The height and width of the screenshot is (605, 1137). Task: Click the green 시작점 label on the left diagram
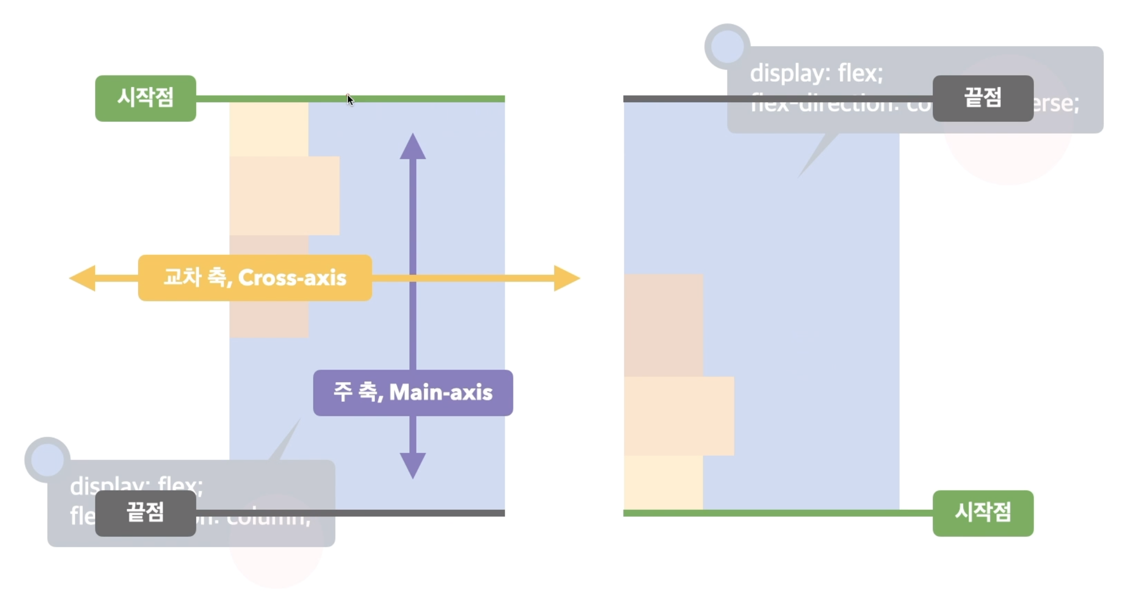145,98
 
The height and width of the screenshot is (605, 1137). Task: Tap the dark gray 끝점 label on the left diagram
145,513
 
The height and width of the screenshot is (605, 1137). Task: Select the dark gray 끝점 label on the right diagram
983,98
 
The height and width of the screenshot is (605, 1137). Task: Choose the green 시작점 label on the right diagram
983,513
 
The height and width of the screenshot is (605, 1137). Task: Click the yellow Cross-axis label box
255,278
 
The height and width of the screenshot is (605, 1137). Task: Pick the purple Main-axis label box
413,393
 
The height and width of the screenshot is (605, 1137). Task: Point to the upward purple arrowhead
413,147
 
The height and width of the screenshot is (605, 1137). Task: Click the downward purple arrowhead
413,465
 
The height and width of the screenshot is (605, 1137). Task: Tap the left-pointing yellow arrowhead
83,278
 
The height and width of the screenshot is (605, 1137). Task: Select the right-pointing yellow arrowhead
566,278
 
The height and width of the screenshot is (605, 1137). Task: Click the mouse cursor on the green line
350,100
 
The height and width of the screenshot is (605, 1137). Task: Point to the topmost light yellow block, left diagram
269,129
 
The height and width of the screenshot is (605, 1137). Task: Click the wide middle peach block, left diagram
284,195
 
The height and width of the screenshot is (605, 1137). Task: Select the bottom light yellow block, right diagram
663,482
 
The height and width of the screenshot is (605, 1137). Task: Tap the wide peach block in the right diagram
679,416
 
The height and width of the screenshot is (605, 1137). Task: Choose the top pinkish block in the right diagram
663,325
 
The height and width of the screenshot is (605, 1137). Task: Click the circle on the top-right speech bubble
727,47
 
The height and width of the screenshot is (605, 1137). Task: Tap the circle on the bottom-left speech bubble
48,460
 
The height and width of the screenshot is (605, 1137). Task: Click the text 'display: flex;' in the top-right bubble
816,74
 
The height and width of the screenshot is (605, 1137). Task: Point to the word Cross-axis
292,278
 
